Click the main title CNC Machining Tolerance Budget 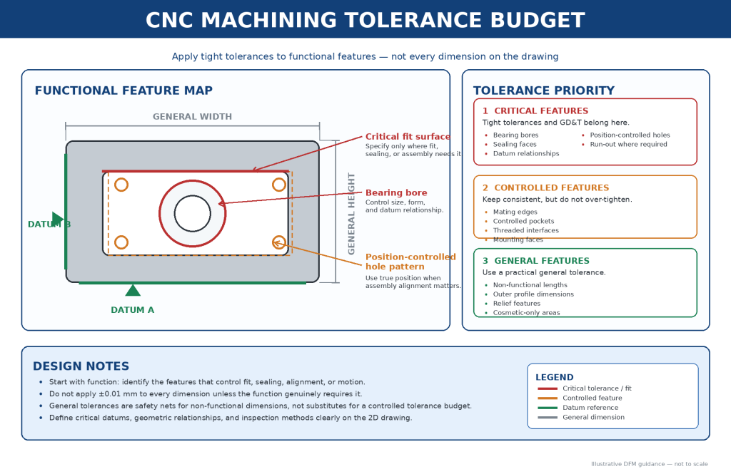click(x=365, y=20)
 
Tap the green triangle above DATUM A click(x=133, y=291)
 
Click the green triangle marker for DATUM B click(x=57, y=219)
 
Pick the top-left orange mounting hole click(x=121, y=185)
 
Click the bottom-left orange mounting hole click(x=121, y=242)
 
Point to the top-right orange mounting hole click(x=279, y=185)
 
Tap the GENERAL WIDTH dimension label click(x=192, y=117)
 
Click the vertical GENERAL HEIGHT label click(x=351, y=214)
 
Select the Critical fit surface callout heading click(x=408, y=136)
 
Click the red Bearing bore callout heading click(x=396, y=192)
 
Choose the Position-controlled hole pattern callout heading click(x=410, y=262)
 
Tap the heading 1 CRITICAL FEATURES click(x=535, y=110)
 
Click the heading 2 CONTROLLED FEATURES click(x=545, y=187)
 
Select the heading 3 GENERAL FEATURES click(x=535, y=261)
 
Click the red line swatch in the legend click(x=548, y=388)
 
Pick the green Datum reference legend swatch click(x=548, y=408)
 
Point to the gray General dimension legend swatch click(x=548, y=418)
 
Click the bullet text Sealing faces click(x=515, y=144)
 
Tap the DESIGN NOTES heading click(x=81, y=366)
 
